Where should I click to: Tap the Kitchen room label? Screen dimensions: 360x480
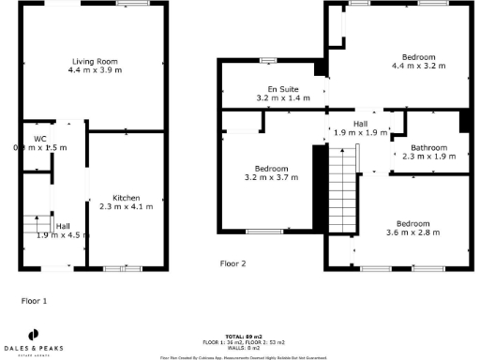(x=127, y=198)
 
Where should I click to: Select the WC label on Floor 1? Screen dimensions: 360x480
(x=40, y=139)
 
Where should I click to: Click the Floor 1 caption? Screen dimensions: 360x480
(x=34, y=301)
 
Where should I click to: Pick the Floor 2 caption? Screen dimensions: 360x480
(x=232, y=263)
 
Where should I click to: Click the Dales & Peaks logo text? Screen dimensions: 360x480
(x=35, y=349)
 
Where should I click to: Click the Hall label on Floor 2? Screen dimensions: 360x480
(x=360, y=124)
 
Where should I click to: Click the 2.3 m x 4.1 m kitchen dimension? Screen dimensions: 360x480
(x=127, y=206)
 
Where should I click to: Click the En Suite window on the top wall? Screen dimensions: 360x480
(x=268, y=61)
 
